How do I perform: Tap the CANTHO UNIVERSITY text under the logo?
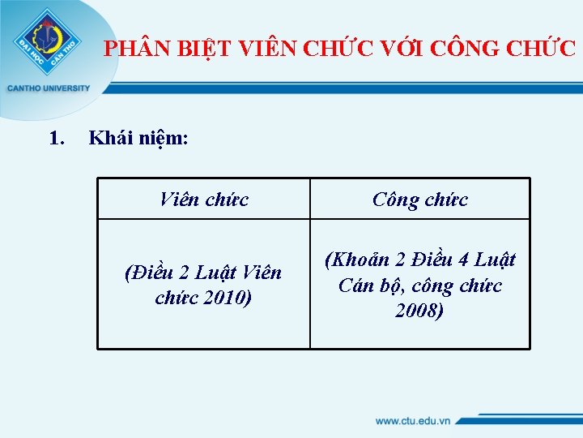[49, 88]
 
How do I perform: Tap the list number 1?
[56, 139]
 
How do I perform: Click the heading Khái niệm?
[138, 140]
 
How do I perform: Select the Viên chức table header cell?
[204, 199]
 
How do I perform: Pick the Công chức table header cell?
[420, 199]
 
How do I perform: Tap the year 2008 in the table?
[419, 311]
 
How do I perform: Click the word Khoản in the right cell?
[357, 260]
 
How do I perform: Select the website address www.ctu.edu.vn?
[412, 421]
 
